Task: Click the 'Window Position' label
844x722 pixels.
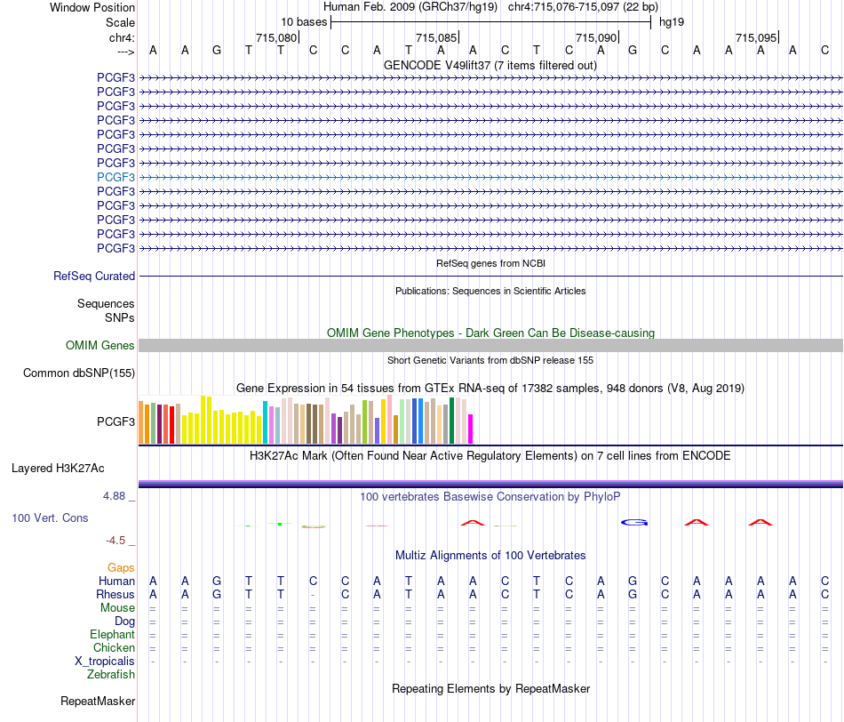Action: [x=92, y=7]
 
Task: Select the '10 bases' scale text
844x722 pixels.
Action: [x=304, y=22]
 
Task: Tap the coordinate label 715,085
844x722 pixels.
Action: [x=436, y=37]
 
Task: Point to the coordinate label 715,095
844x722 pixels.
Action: [x=756, y=37]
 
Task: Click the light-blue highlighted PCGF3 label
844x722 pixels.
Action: [x=115, y=177]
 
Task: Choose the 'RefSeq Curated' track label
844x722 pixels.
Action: [x=94, y=276]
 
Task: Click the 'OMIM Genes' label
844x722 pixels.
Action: [x=100, y=345]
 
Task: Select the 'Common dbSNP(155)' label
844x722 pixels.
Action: [x=79, y=373]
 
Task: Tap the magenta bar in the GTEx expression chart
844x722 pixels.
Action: [x=471, y=429]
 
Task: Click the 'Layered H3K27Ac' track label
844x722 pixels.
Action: [x=58, y=469]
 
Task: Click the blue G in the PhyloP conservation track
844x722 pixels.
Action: [x=634, y=522]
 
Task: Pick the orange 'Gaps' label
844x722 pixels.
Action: [x=121, y=567]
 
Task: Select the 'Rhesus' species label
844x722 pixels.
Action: [x=115, y=594]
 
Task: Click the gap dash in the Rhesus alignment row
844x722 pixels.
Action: [x=313, y=596]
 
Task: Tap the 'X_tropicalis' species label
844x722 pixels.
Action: [x=105, y=662]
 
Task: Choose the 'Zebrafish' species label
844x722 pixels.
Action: [x=111, y=674]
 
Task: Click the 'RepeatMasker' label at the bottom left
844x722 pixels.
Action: [x=98, y=701]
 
